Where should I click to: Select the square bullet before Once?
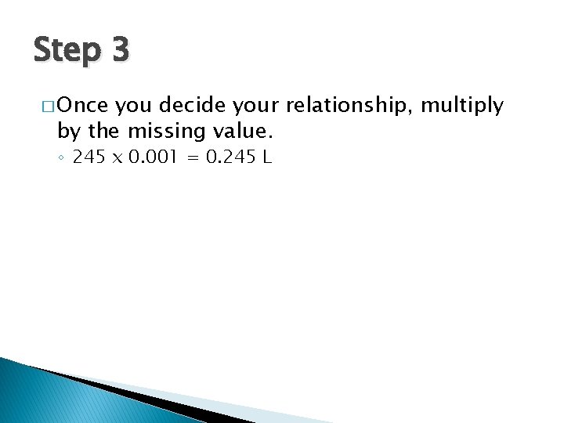point(44,104)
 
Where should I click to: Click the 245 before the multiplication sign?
point(89,157)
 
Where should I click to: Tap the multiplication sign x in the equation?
point(117,158)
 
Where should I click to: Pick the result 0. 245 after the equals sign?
point(230,157)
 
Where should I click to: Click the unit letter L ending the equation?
point(267,157)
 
